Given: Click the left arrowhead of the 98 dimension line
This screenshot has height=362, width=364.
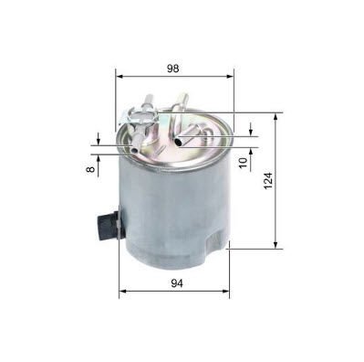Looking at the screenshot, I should (x=120, y=80).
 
